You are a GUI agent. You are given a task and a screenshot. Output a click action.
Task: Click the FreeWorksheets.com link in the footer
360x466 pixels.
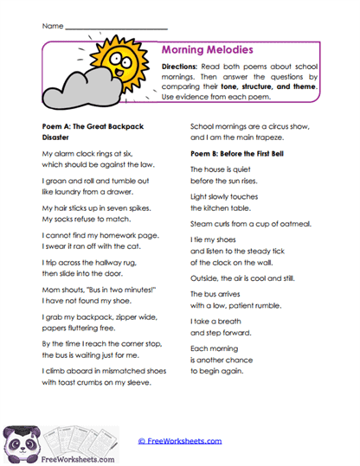[180, 441]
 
